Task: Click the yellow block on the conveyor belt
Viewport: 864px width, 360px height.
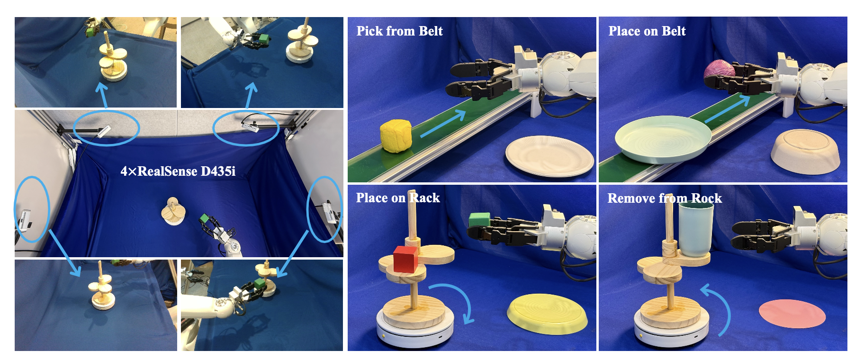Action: click(396, 136)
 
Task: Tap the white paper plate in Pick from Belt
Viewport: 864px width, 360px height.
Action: click(549, 156)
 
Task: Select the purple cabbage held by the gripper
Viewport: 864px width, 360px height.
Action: click(719, 71)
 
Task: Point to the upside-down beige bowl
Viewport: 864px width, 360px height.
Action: click(805, 151)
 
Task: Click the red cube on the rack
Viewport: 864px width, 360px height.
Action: click(406, 260)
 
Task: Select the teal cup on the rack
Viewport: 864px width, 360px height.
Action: click(695, 228)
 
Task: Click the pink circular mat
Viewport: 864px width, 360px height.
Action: click(792, 314)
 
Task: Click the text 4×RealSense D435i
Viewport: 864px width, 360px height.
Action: click(178, 171)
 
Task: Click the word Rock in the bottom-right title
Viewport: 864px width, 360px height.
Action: click(706, 198)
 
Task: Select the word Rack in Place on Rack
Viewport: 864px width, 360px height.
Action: click(424, 198)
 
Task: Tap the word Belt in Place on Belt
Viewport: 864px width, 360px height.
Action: click(674, 31)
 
